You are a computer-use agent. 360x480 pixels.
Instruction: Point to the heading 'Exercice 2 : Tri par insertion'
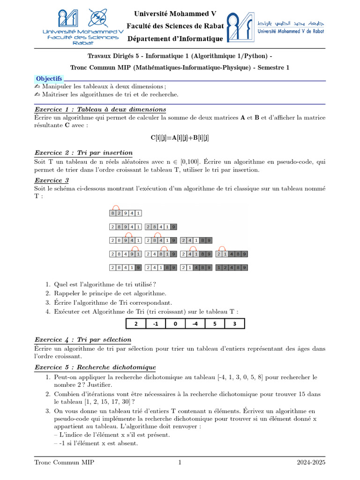pyautogui.click(x=83, y=153)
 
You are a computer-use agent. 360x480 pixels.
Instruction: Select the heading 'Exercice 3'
pyautogui.click(x=52, y=180)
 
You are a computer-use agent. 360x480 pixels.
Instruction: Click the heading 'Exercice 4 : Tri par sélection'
pyautogui.click(x=83, y=339)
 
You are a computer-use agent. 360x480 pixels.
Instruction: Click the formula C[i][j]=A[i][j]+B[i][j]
pyautogui.click(x=180, y=137)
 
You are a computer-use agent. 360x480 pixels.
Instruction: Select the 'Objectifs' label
pyautogui.click(x=49, y=79)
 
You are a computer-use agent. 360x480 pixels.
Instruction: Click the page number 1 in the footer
pyautogui.click(x=180, y=463)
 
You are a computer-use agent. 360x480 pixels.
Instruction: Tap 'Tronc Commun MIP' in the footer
pyautogui.click(x=64, y=463)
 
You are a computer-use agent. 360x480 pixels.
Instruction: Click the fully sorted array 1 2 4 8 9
pyautogui.click(x=232, y=268)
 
